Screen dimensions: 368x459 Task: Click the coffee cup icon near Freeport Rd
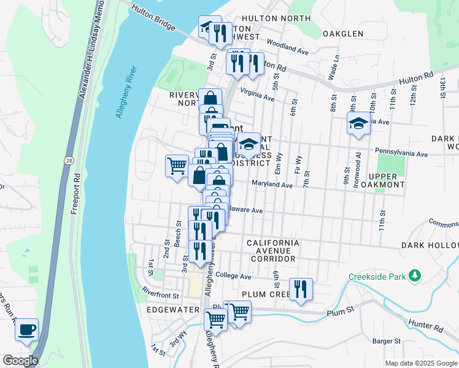(26, 329)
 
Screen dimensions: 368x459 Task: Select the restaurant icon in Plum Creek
(300, 289)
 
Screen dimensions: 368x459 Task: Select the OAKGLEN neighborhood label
(343, 34)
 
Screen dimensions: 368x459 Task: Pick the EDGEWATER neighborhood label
(172, 310)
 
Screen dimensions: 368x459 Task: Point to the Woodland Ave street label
(288, 46)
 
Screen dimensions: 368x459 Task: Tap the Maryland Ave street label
(272, 184)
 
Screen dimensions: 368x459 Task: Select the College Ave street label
(234, 276)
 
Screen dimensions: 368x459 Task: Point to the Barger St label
(387, 341)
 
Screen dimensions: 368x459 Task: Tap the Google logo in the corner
(20, 361)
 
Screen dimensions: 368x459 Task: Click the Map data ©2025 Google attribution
(420, 363)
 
